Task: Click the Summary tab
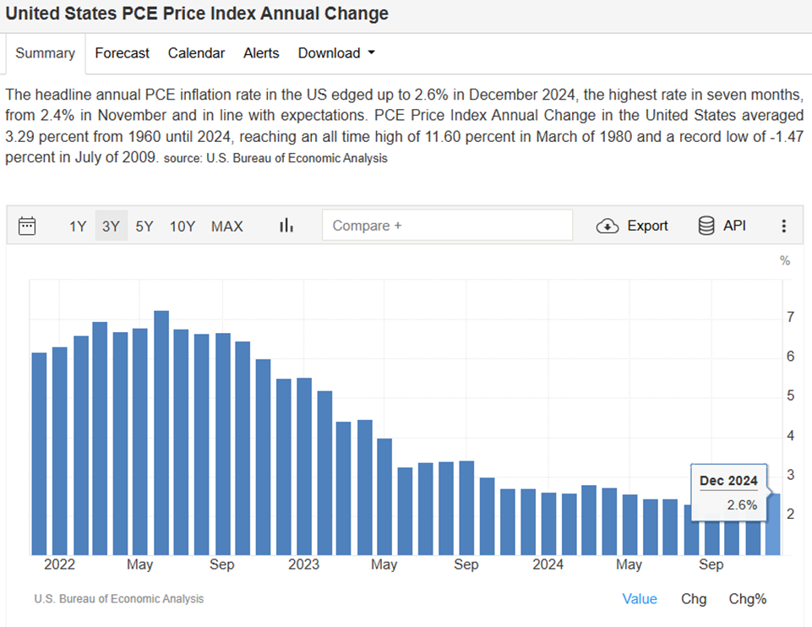point(45,53)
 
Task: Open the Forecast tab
point(122,53)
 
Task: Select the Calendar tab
point(196,53)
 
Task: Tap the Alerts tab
point(261,53)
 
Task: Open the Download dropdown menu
point(335,53)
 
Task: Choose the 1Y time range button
point(78,226)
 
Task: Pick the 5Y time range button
point(144,226)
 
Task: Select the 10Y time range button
point(183,226)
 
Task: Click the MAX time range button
point(226,226)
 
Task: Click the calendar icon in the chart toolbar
point(27,226)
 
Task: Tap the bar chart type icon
point(286,226)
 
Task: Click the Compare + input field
point(447,226)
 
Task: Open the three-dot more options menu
point(784,226)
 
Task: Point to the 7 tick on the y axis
point(790,318)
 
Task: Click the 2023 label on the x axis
point(303,564)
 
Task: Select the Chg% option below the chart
point(748,599)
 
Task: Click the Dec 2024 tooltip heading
point(728,481)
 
